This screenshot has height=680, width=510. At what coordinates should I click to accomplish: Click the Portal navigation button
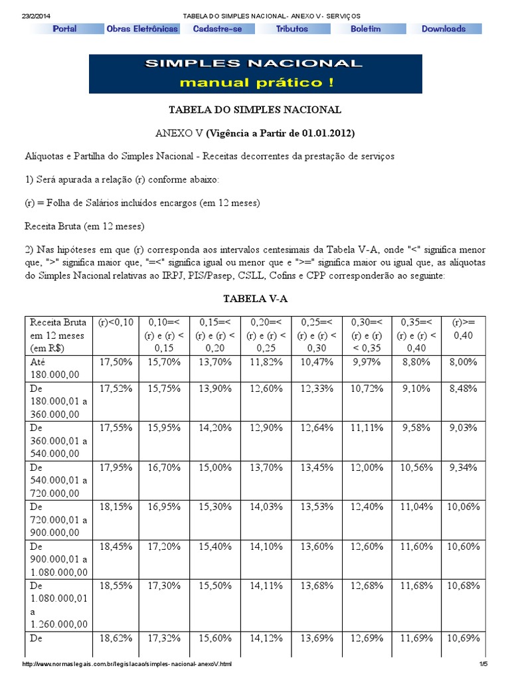[x=64, y=29]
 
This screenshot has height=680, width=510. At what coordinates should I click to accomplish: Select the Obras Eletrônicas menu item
[x=141, y=29]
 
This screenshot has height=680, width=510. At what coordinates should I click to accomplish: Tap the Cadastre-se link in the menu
[x=217, y=29]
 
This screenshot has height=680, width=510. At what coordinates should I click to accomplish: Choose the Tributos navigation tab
[x=292, y=29]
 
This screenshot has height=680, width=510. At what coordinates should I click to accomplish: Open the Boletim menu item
[x=366, y=29]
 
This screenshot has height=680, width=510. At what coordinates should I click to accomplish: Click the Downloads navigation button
[x=444, y=29]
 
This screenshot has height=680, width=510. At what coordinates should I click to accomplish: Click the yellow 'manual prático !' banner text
[x=256, y=83]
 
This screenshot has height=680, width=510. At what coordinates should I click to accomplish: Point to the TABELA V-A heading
[x=255, y=299]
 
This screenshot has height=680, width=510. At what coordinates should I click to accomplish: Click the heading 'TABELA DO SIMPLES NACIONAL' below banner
[x=256, y=110]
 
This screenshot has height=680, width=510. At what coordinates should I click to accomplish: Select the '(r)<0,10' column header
[x=116, y=322]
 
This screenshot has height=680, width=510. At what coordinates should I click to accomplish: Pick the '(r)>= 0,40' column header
[x=463, y=329]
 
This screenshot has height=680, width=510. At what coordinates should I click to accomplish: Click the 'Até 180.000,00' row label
[x=54, y=369]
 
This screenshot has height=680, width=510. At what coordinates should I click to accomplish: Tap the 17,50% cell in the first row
[x=116, y=362]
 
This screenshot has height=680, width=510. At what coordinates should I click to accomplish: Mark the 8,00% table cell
[x=463, y=362]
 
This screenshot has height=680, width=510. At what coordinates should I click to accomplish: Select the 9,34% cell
[x=463, y=467]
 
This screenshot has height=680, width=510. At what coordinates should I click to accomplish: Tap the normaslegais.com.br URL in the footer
[x=127, y=664]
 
